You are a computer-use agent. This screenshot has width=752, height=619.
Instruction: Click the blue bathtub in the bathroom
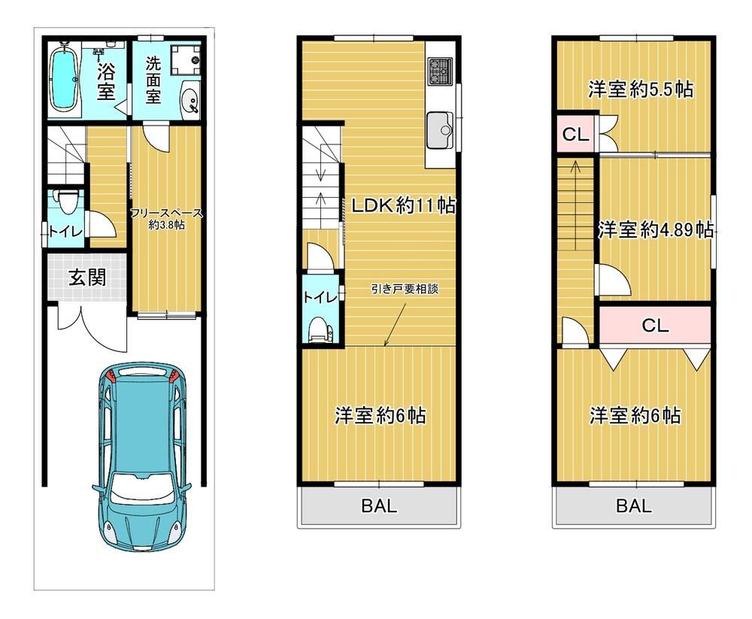[64, 79]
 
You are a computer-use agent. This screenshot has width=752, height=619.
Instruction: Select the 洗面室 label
[153, 80]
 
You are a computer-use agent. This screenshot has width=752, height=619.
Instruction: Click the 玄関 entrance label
[86, 278]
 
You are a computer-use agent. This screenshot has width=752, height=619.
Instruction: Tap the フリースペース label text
[166, 214]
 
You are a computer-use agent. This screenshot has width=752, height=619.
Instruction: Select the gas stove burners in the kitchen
[440, 71]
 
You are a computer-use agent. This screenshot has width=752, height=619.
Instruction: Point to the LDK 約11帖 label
[403, 206]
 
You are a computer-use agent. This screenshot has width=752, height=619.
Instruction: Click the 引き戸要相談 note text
[405, 289]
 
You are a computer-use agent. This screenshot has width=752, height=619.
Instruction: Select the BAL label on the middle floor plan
[379, 505]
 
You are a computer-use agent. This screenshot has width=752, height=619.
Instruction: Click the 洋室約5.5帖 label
[641, 90]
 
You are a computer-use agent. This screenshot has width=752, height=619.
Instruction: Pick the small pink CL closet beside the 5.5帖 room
[575, 135]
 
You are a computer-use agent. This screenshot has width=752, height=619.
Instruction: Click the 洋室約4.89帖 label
[656, 230]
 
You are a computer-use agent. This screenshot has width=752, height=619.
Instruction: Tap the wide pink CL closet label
[655, 326]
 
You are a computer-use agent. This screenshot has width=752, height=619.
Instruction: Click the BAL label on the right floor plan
[633, 505]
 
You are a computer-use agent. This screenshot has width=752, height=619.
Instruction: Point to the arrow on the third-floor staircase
[575, 206]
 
